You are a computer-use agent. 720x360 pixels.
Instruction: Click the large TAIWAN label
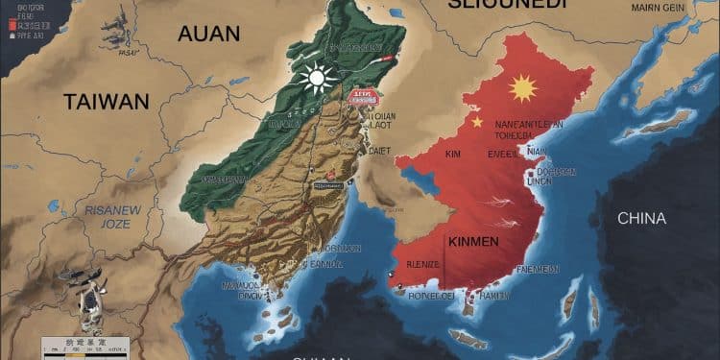(x=107, y=101)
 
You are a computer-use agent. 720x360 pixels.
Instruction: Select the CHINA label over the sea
(x=641, y=218)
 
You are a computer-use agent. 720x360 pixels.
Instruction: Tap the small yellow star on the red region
(x=476, y=123)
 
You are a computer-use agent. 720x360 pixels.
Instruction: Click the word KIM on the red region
(x=455, y=153)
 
